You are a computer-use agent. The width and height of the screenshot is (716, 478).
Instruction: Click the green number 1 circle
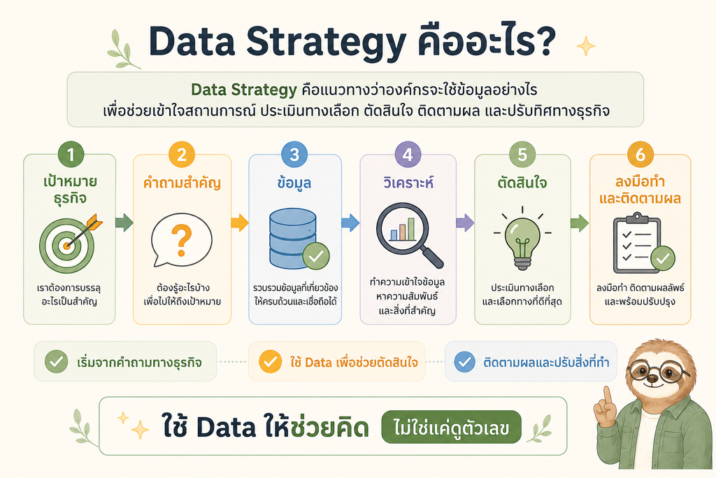pos(71,155)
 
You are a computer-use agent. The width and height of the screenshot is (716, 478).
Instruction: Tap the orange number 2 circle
pos(182,155)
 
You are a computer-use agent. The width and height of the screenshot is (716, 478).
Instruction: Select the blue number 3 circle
pos(294,155)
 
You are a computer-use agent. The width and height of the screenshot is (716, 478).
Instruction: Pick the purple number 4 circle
pos(408,155)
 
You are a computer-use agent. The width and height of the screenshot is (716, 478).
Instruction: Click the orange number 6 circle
pos(640,155)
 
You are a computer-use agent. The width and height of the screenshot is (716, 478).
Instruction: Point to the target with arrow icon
pos(69,243)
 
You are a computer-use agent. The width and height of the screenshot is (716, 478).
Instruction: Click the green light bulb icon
pos(522,239)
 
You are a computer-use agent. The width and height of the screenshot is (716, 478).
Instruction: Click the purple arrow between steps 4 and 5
pos(465,223)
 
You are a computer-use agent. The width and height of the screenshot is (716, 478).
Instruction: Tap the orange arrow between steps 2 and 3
pos(240,223)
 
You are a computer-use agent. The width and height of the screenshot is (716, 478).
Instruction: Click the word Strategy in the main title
pos(326,42)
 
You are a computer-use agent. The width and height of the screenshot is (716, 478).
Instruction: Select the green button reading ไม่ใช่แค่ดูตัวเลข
pos(451,428)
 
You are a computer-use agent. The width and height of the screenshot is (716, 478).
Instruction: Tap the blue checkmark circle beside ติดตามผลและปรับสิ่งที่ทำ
pos(465,362)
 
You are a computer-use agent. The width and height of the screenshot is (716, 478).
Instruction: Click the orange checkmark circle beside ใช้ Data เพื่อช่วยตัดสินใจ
pos(271,361)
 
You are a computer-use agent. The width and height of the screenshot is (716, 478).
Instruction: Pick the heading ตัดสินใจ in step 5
pos(522,183)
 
